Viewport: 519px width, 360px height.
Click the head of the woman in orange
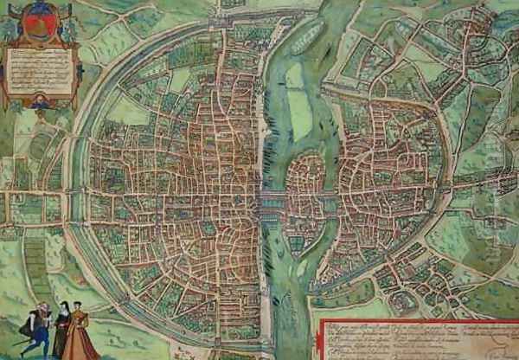click(x=80, y=306)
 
